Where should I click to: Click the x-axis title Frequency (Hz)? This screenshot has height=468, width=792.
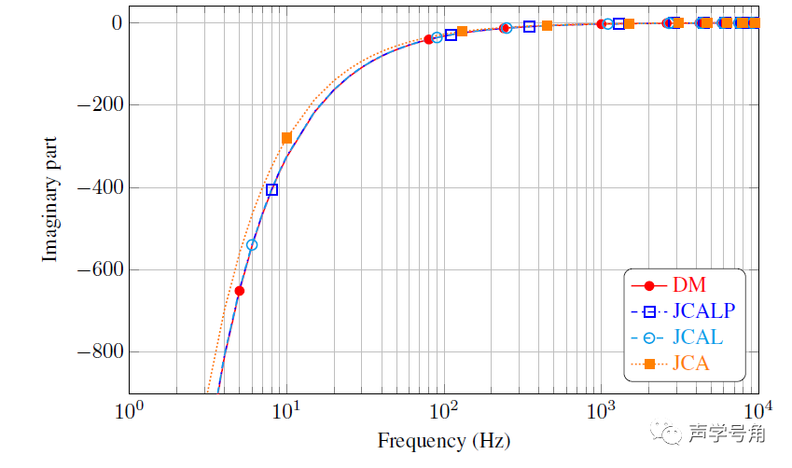[444, 440]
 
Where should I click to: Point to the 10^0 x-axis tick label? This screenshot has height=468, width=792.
[130, 411]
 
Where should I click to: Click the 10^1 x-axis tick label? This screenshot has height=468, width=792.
[287, 411]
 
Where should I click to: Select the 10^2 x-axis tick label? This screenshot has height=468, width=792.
[444, 411]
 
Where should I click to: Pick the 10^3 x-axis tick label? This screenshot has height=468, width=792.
[602, 411]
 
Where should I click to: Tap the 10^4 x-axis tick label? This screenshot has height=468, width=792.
[757, 411]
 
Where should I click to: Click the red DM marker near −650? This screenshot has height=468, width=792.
[239, 291]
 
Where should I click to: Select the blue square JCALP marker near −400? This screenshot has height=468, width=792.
[271, 189]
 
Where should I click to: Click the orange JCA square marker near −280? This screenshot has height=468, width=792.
[286, 138]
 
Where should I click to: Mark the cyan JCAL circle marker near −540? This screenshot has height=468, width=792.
[252, 245]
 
